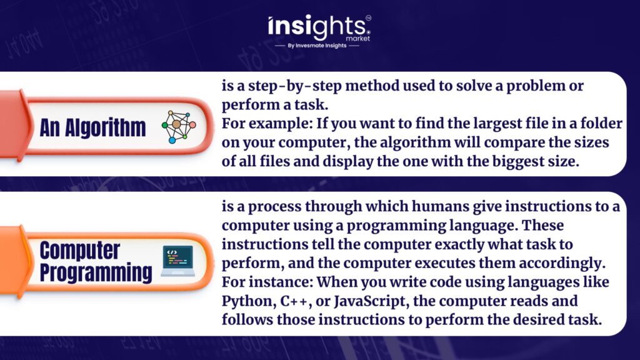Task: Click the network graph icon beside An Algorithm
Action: click(179, 127)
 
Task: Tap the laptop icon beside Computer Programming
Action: click(177, 261)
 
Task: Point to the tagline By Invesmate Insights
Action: click(317, 46)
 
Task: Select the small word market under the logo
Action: click(357, 38)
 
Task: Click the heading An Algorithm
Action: click(92, 127)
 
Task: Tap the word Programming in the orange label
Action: click(96, 273)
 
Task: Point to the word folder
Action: click(601, 123)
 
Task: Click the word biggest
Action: click(518, 162)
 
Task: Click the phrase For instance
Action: click(267, 282)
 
